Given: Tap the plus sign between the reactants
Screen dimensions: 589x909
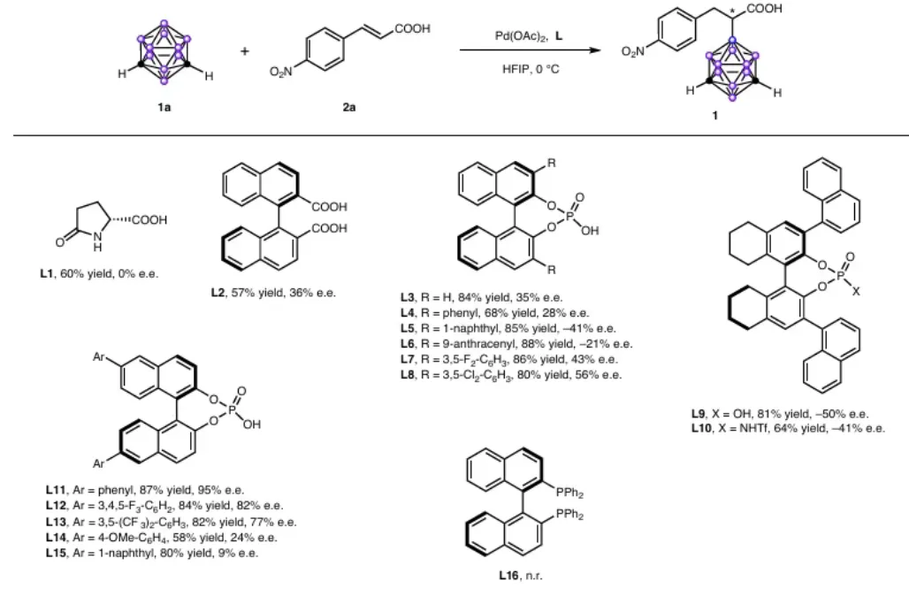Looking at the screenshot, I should coord(245,51).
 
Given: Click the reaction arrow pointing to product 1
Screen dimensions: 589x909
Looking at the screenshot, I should coord(531,50).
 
